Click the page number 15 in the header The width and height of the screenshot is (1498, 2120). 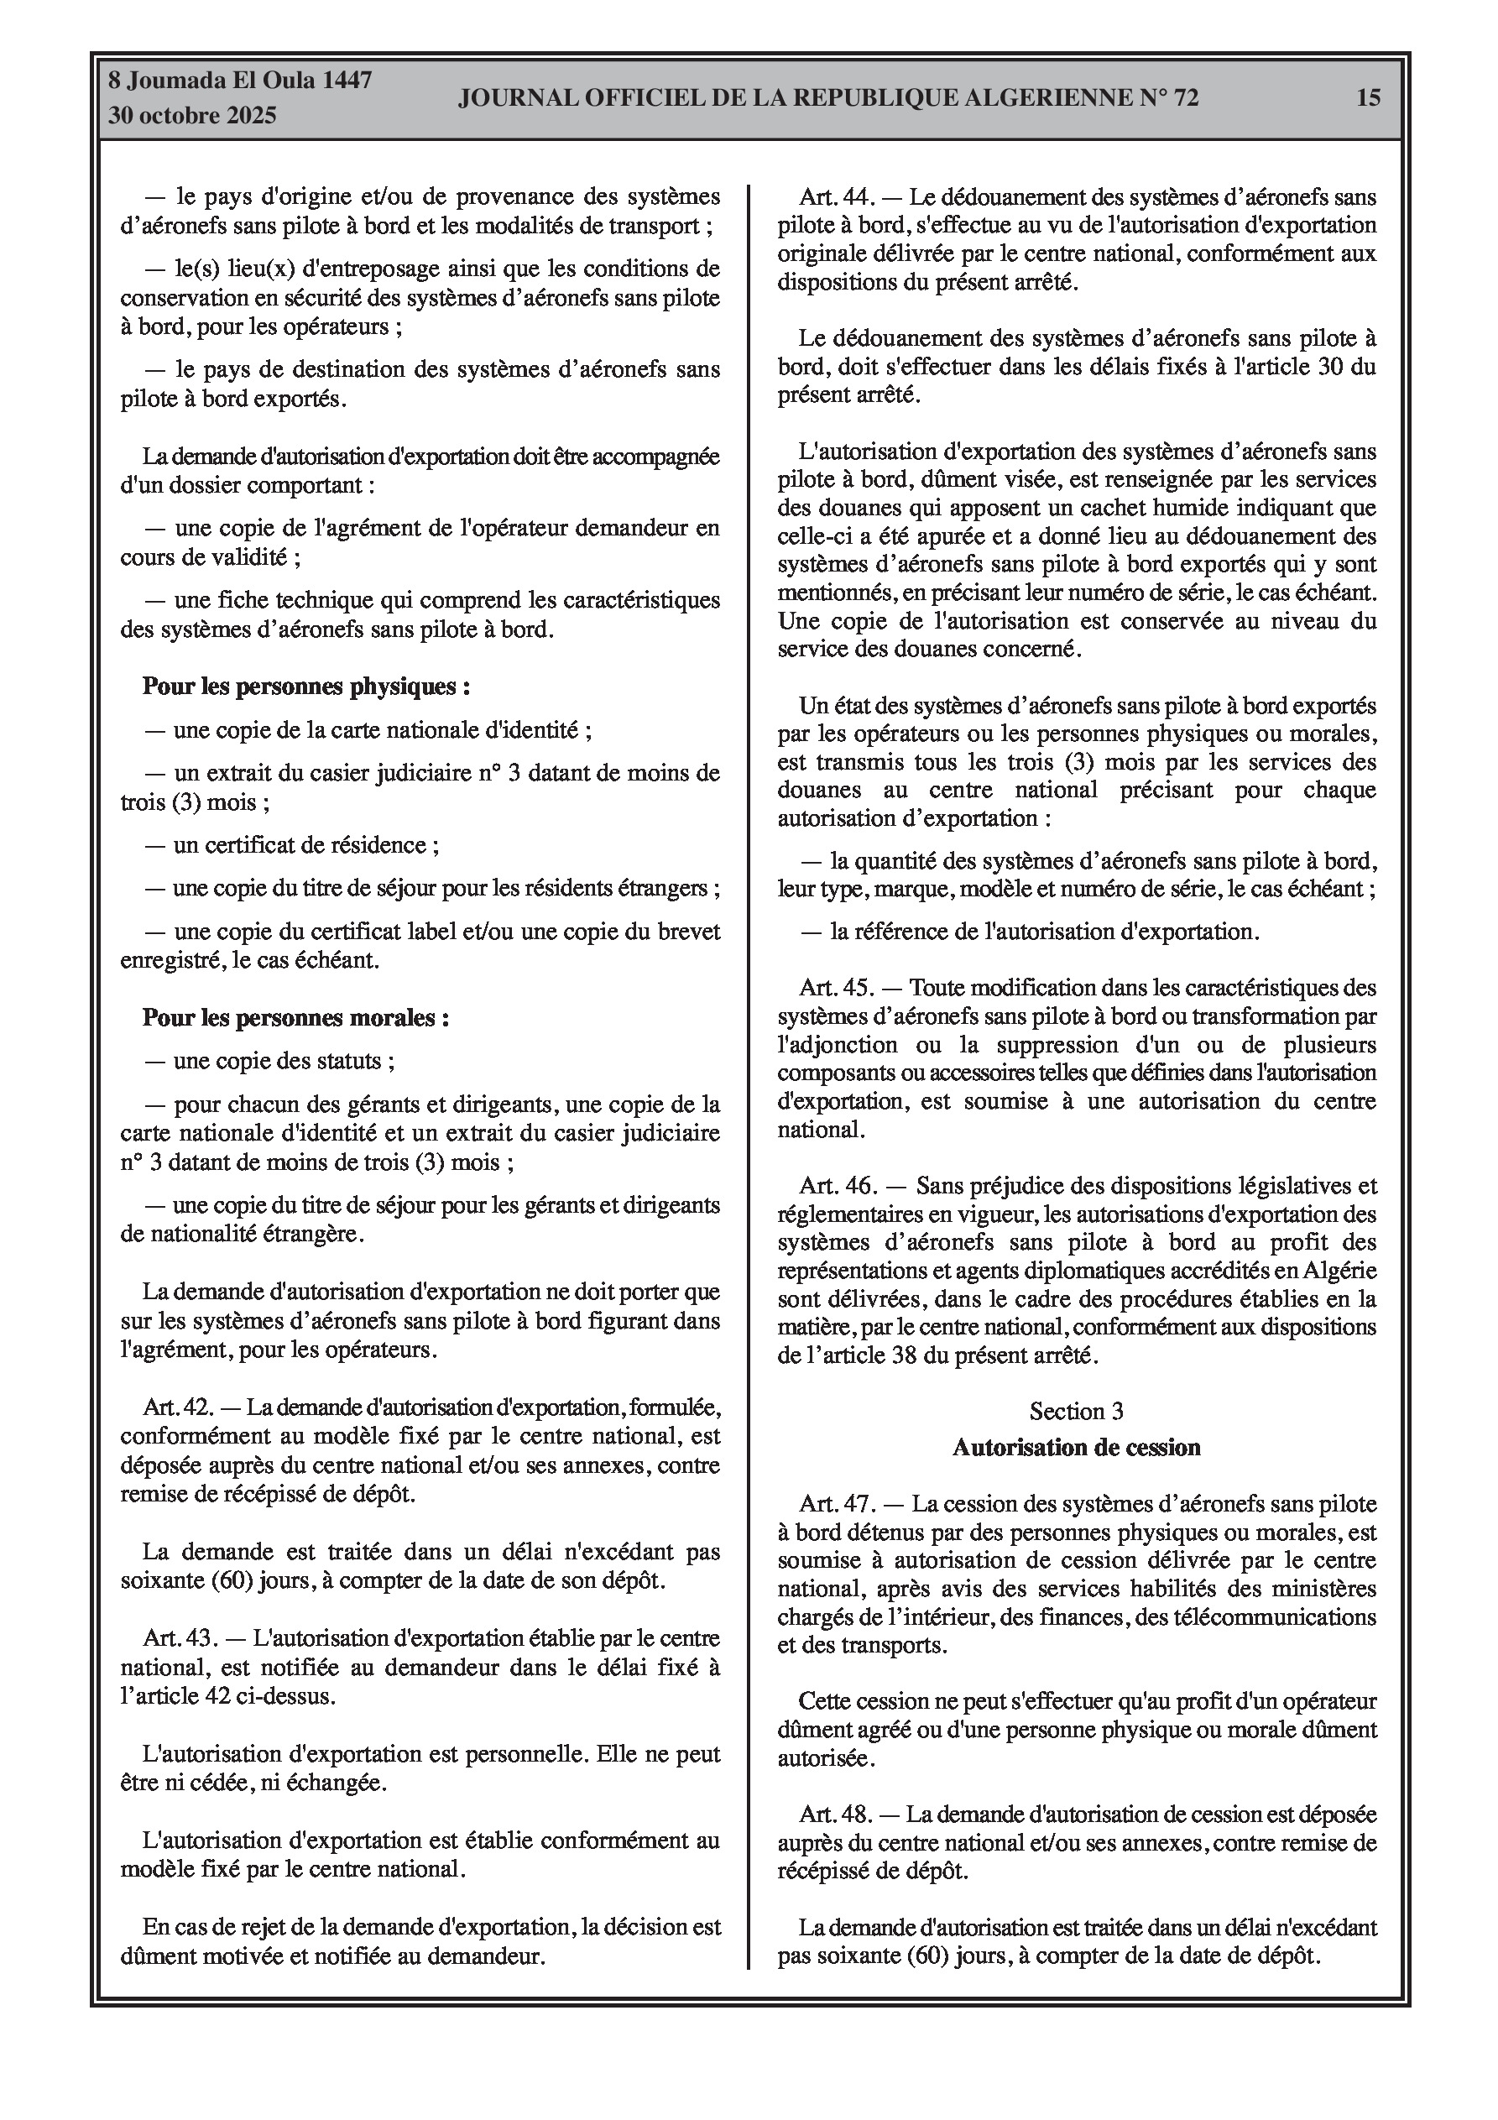[1368, 98]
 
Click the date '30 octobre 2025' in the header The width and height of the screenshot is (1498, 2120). [192, 117]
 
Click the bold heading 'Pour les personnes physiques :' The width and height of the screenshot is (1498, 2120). [305, 686]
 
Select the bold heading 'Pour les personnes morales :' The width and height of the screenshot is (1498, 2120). [295, 1017]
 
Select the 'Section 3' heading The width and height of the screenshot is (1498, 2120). [1076, 1412]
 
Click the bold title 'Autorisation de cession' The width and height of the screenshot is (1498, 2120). [1076, 1447]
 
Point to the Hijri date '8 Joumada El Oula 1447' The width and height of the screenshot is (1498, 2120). [240, 81]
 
